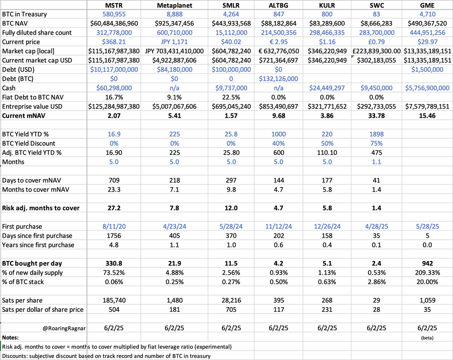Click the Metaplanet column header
point(174,5)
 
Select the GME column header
point(427,5)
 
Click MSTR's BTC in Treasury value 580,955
point(114,14)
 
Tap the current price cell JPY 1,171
point(174,42)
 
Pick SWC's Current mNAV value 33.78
point(376,116)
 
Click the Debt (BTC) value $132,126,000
point(278,79)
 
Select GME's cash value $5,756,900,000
point(427,88)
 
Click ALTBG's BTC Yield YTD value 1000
point(278,134)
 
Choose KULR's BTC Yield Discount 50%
point(327,143)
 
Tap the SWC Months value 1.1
point(376,162)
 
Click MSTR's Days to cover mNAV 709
point(114,181)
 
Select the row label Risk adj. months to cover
point(41,208)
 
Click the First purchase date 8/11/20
point(114,227)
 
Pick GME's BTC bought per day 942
point(427,263)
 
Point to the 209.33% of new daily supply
point(427,273)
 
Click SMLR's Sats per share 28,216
point(231,301)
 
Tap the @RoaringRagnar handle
point(64,328)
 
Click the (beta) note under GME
point(427,337)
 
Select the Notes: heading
point(10,337)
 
